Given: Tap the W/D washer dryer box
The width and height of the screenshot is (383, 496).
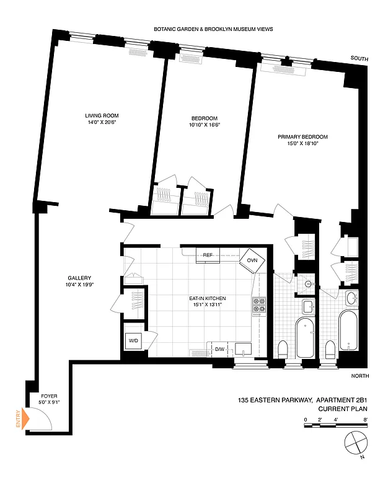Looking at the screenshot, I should pyautogui.click(x=134, y=340).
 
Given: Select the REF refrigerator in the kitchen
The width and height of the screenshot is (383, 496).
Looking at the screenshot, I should pyautogui.click(x=207, y=255).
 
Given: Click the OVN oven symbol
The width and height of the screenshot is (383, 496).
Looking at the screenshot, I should pyautogui.click(x=252, y=260).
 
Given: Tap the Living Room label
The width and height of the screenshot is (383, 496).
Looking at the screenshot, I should pyautogui.click(x=102, y=116).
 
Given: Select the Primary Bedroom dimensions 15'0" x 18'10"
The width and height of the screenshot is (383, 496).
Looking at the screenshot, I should pyautogui.click(x=302, y=144).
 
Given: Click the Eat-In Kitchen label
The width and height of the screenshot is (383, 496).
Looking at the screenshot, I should pyautogui.click(x=208, y=299).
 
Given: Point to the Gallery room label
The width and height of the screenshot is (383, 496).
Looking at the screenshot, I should pyautogui.click(x=80, y=278).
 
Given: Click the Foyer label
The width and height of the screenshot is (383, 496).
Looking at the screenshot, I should pyautogui.click(x=49, y=396).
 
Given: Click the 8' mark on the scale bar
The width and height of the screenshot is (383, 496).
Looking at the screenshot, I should pyautogui.click(x=366, y=420).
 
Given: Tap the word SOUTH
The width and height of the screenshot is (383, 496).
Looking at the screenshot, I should pyautogui.click(x=359, y=58).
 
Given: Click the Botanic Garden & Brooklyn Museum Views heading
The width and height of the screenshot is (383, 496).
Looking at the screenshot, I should pyautogui.click(x=214, y=29).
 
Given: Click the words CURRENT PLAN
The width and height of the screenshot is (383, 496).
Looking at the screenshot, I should pyautogui.click(x=340, y=409).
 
